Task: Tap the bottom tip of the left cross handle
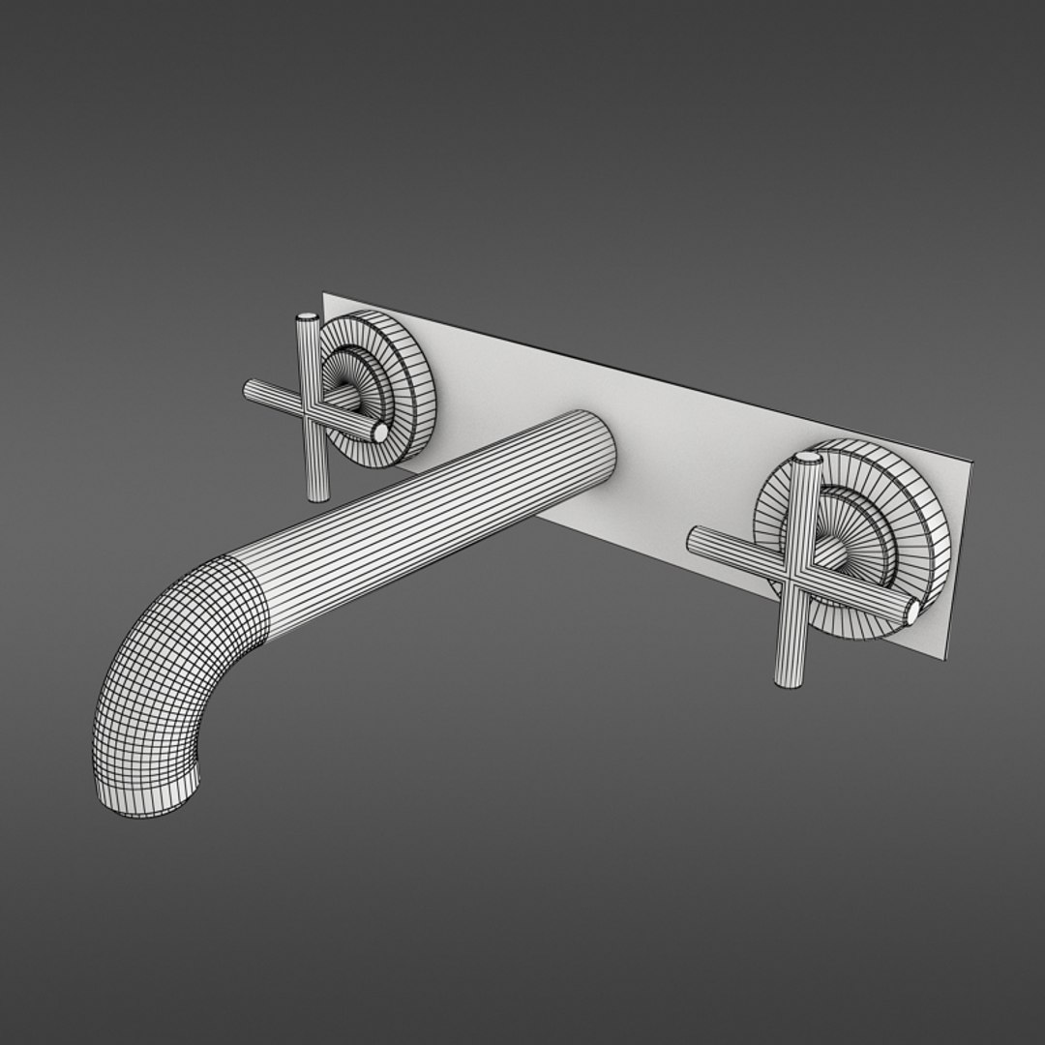pos(315,495)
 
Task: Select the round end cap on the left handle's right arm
pos(380,432)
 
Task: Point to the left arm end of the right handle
pos(694,538)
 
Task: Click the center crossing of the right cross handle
pos(799,573)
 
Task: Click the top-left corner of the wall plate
pos(325,294)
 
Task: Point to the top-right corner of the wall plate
pos(971,464)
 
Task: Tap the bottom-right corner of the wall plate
pos(944,660)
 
